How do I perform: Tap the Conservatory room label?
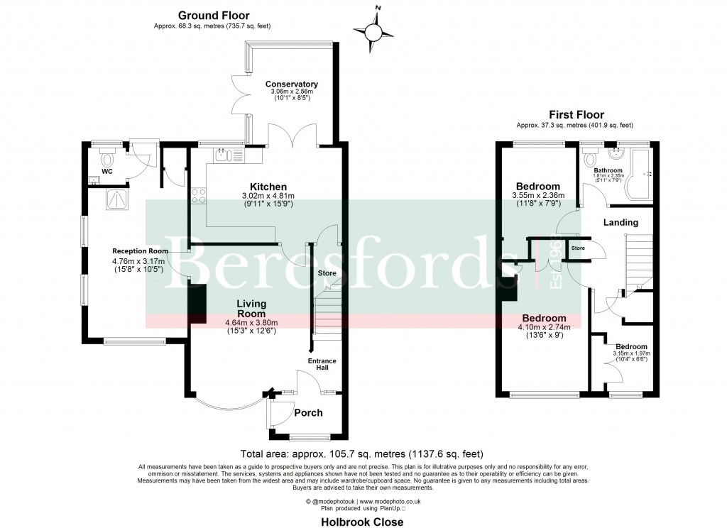point(292,84)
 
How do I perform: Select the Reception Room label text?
point(140,251)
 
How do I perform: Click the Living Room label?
point(251,308)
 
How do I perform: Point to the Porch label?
point(308,412)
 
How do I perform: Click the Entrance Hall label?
point(322,364)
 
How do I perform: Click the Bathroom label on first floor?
point(608,171)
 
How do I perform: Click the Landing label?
point(621,222)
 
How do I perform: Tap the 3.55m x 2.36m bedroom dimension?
point(537,196)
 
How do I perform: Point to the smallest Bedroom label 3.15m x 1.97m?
point(631,346)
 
